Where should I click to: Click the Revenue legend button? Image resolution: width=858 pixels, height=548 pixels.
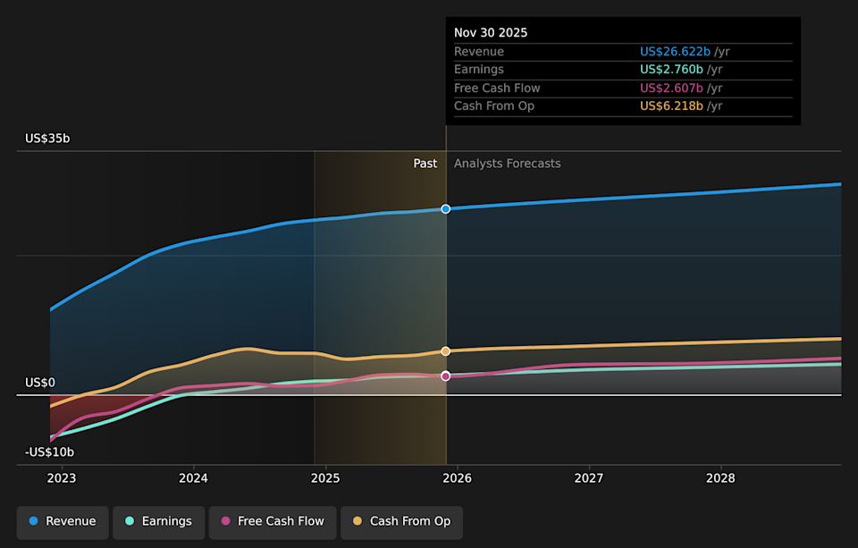click(x=63, y=521)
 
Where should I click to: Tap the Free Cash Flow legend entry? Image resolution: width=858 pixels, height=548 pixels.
click(x=272, y=521)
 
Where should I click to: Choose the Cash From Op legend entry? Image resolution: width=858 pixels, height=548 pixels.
click(x=401, y=521)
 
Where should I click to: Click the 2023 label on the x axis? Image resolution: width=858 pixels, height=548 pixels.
click(x=62, y=478)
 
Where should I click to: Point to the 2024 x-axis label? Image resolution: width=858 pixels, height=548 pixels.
click(x=193, y=478)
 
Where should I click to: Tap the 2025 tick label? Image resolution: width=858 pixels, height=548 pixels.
click(x=325, y=478)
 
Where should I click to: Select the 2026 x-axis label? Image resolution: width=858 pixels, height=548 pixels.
click(x=457, y=478)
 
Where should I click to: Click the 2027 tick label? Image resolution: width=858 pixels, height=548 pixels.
click(x=589, y=478)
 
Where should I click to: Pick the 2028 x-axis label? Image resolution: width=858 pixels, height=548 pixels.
click(x=720, y=478)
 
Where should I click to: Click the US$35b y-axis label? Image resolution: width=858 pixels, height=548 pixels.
click(x=47, y=139)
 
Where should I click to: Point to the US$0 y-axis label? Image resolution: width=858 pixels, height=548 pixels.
click(x=40, y=383)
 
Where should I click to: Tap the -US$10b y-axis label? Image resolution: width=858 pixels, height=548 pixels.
click(x=49, y=452)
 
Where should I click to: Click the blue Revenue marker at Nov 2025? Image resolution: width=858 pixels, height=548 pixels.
click(x=446, y=208)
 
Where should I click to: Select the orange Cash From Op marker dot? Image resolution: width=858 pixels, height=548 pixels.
click(x=446, y=351)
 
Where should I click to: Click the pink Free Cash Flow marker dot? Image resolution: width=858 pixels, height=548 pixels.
click(x=446, y=376)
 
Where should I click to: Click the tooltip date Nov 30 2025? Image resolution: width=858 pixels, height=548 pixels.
click(x=491, y=33)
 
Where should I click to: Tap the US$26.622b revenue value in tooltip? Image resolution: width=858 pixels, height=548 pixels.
click(x=675, y=52)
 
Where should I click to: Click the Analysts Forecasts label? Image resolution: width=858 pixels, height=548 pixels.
click(x=507, y=164)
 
